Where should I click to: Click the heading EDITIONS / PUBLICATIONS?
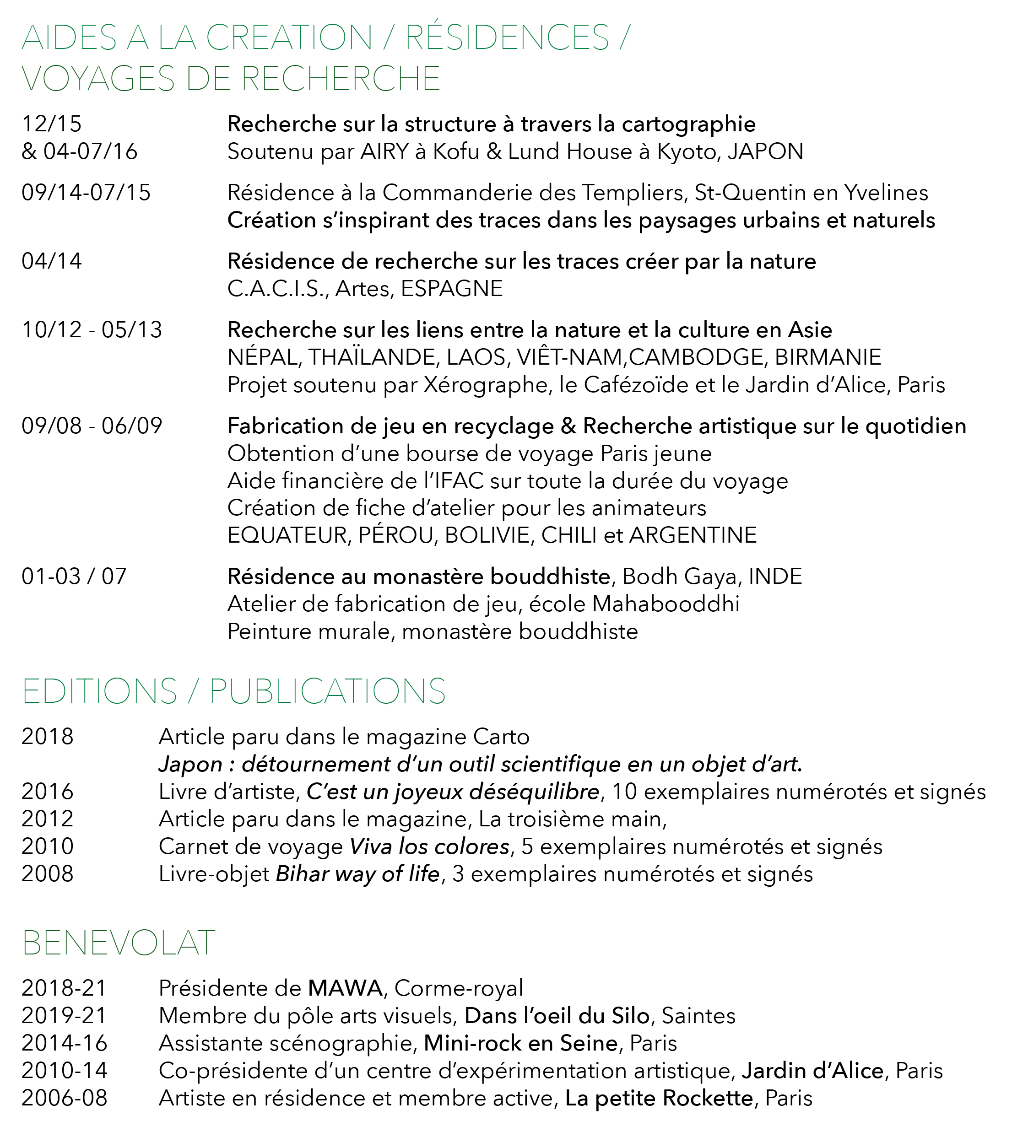(x=233, y=691)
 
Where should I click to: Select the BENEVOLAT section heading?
(x=119, y=943)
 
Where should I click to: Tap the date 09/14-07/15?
(x=86, y=193)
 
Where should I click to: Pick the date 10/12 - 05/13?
(x=92, y=330)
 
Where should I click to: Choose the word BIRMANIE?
(x=828, y=357)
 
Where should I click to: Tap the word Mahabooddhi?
(x=666, y=604)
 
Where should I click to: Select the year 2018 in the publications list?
(x=47, y=737)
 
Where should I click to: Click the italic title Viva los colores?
(x=429, y=846)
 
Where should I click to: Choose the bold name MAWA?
(x=345, y=989)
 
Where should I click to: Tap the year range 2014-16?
(x=64, y=1044)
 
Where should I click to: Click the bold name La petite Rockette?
(x=659, y=1099)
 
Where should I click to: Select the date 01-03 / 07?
(x=74, y=577)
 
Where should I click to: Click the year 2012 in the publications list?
(x=47, y=819)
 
